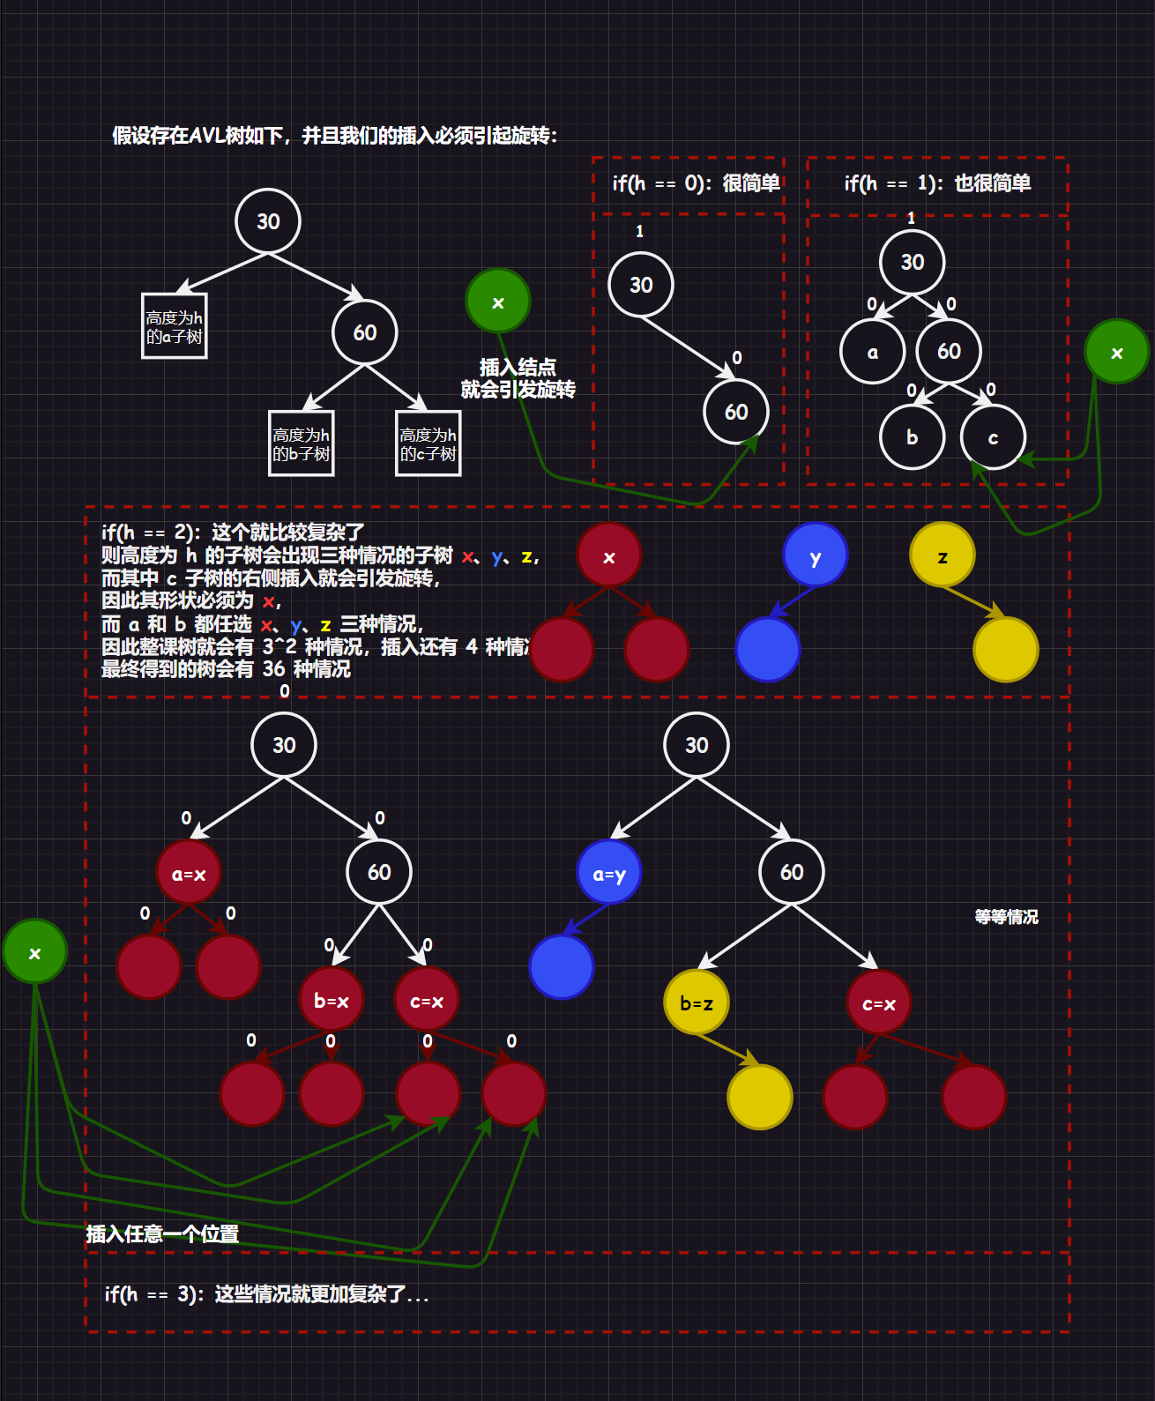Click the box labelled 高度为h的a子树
174,326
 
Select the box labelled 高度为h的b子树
301,443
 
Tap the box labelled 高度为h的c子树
428,443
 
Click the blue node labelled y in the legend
815,555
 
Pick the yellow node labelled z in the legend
942,555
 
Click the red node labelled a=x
188,873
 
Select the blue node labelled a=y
608,873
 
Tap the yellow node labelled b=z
696,1002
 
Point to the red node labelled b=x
332,1001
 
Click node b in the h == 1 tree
912,437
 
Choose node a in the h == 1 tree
872,352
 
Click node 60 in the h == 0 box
735,412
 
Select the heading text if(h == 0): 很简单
696,183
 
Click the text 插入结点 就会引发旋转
518,378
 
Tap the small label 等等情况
1006,917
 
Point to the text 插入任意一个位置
162,1233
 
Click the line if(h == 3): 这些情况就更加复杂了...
266,1294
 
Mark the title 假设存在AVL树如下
334,136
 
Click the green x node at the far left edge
34,952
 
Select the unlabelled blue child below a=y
561,966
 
